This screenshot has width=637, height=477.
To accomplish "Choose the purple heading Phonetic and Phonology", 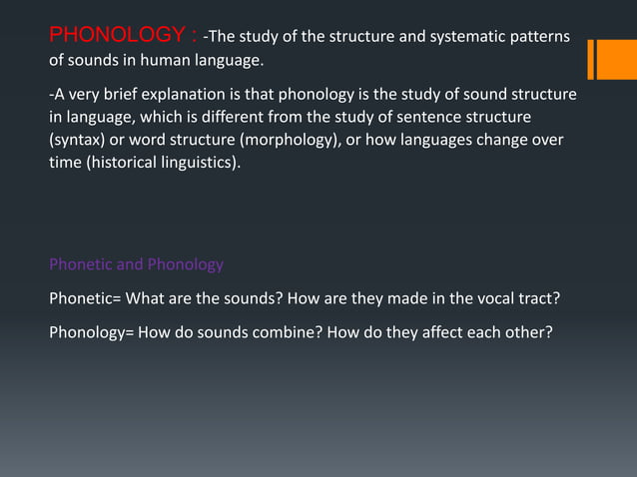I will pyautogui.click(x=137, y=264).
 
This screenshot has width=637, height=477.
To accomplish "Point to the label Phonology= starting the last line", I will pyautogui.click(x=92, y=332).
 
